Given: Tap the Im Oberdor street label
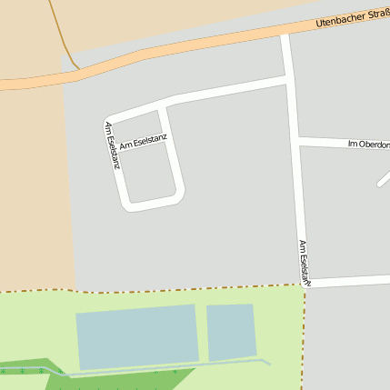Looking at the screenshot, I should click(x=368, y=145).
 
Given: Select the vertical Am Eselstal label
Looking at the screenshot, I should click(x=305, y=264).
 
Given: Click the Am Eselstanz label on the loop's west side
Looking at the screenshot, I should click(x=112, y=145).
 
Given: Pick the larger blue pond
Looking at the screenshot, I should click(x=136, y=336).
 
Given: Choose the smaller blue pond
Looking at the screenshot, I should click(x=231, y=332).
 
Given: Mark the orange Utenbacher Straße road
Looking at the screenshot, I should click(x=182, y=50).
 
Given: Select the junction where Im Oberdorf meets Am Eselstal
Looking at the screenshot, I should click(x=297, y=141).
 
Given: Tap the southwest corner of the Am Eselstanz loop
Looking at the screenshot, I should click(x=128, y=205).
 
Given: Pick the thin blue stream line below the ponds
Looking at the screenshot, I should click(x=164, y=370).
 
